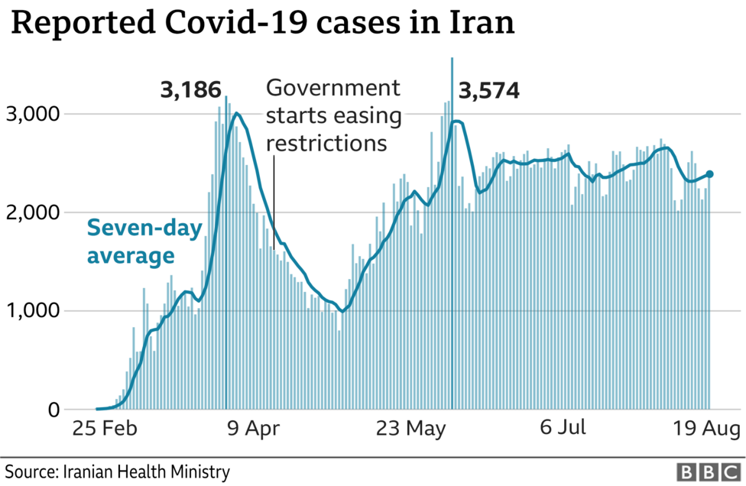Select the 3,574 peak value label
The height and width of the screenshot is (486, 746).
[x=488, y=92]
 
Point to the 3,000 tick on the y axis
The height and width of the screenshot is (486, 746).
[x=34, y=114]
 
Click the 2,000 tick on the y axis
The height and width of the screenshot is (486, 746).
[x=34, y=212]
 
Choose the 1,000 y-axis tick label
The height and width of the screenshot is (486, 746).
[x=34, y=311]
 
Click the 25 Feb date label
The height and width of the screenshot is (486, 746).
[x=104, y=429]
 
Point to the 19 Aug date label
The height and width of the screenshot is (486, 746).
[x=702, y=429]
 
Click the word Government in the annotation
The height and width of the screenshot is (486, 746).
[x=332, y=88]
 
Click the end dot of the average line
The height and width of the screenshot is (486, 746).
[x=710, y=174]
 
